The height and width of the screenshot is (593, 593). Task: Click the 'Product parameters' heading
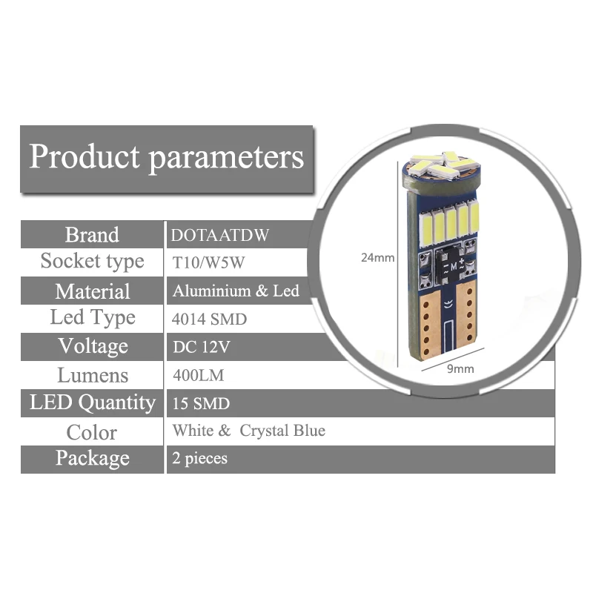[x=166, y=157]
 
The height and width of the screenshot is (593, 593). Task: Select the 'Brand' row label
[x=92, y=235]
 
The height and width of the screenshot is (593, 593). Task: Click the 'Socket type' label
[x=92, y=262]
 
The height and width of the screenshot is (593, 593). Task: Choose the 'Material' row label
[x=92, y=291]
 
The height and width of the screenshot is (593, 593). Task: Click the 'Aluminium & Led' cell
[x=235, y=291]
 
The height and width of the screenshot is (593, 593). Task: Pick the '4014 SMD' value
[x=209, y=319]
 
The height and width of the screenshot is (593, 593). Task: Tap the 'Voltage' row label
[x=92, y=346]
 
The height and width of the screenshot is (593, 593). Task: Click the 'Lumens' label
[x=92, y=375]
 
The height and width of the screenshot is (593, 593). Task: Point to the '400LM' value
[x=197, y=376]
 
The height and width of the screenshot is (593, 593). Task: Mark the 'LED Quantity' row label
[x=92, y=402]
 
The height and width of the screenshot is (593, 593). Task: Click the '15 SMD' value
[x=201, y=404]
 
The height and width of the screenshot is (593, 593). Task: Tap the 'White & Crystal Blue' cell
[x=248, y=431]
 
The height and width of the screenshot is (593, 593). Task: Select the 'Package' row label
[x=92, y=458]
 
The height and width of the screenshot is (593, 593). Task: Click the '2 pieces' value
[x=199, y=459]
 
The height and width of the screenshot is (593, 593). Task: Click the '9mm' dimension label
[x=460, y=368]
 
